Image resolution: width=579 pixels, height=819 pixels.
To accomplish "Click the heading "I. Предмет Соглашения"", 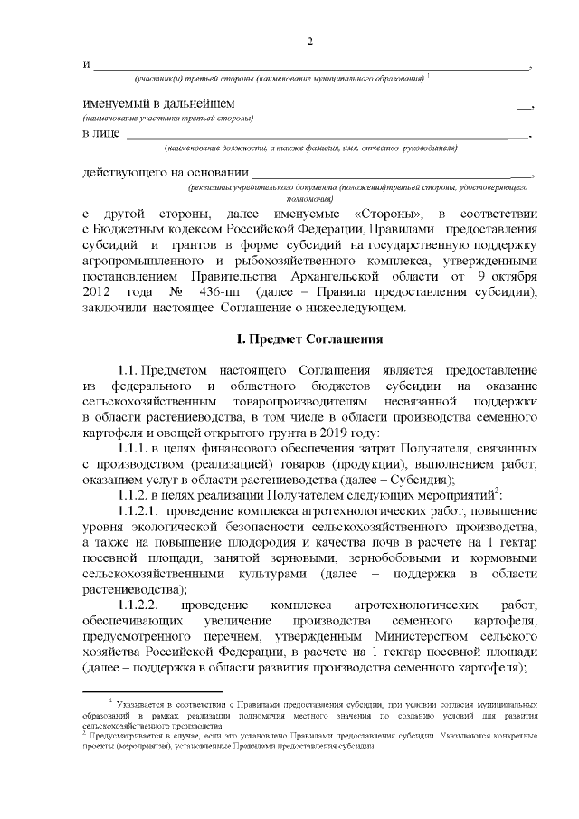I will [309, 338].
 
